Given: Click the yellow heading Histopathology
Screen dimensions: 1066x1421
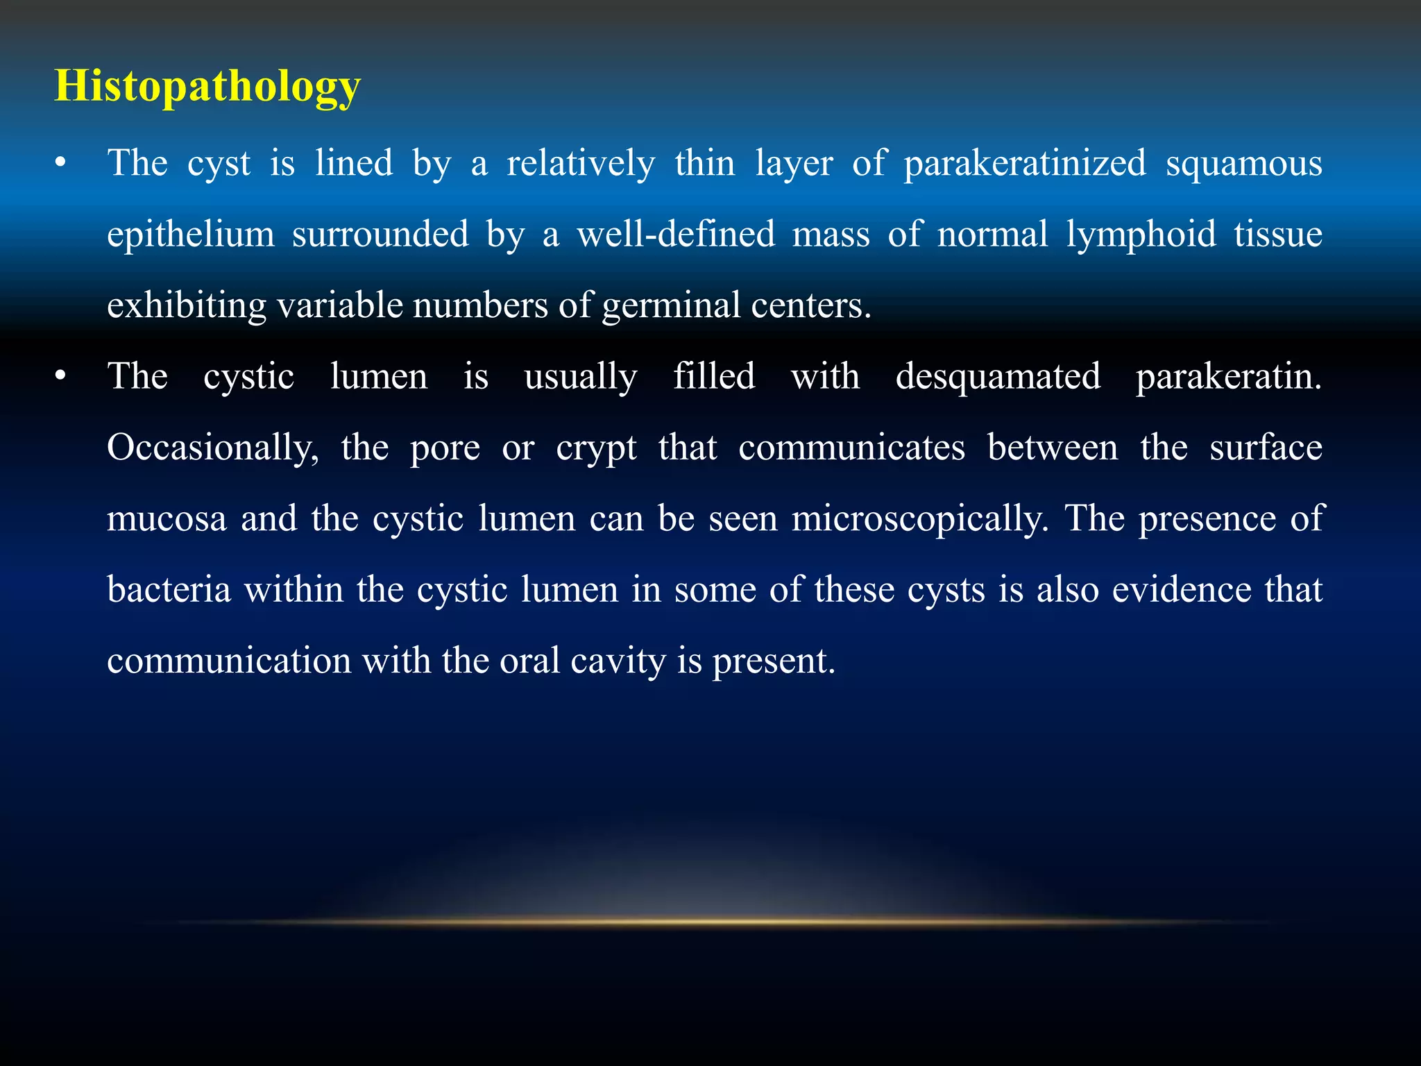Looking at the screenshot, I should point(207,87).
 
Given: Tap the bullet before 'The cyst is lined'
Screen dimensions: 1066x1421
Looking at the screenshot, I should point(61,164).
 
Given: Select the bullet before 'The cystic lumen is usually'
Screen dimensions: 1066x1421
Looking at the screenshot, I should point(61,377).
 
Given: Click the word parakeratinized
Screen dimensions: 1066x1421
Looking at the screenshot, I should point(1025,164).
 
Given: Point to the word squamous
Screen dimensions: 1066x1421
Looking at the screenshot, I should point(1243,164).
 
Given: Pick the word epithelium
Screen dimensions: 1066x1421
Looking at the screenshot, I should point(191,235).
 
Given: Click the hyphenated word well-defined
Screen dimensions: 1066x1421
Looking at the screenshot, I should point(676,235).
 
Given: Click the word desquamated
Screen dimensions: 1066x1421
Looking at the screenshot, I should point(998,377).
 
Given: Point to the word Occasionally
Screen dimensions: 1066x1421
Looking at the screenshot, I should point(212,448).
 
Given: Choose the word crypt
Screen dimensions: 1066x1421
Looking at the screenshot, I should point(596,448).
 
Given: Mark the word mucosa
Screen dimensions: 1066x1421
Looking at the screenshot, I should point(167,519).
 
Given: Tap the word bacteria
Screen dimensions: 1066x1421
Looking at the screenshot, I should point(169,590).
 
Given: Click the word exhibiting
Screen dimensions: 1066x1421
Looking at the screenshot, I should point(186,306).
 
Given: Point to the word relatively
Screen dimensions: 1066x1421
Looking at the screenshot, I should point(581,164).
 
